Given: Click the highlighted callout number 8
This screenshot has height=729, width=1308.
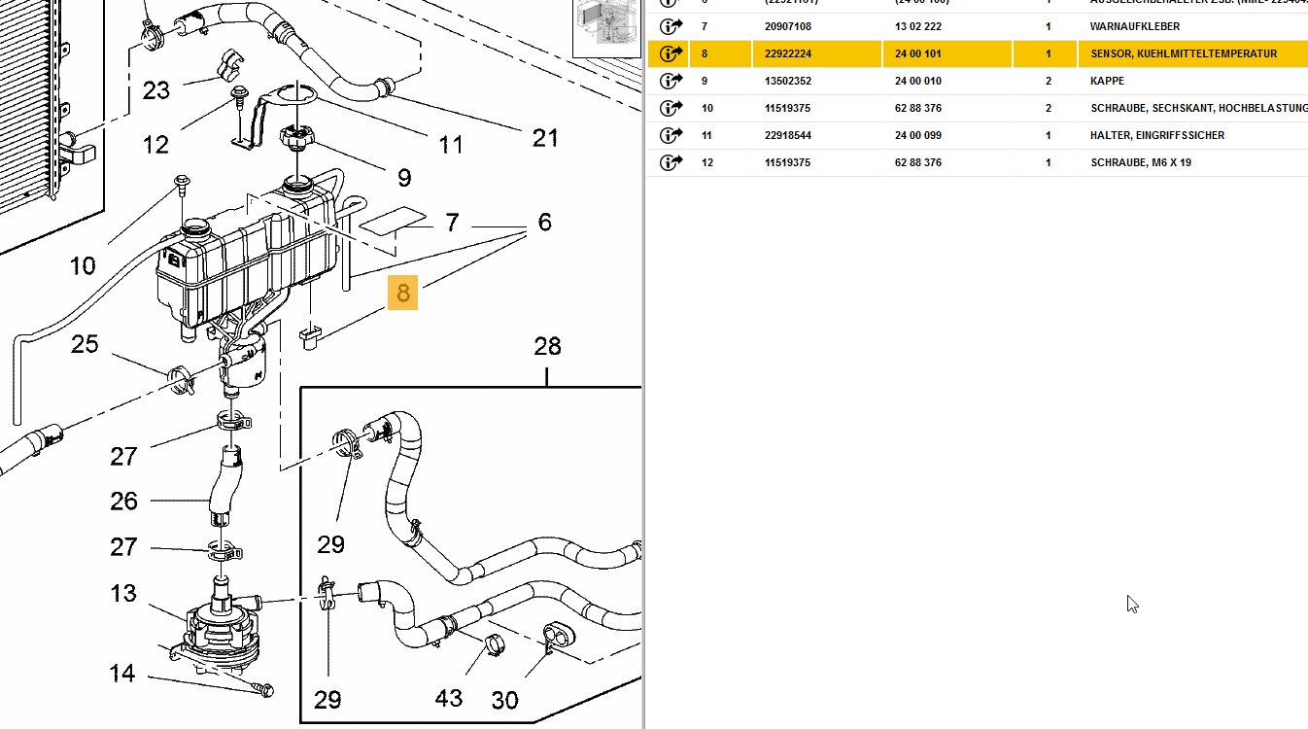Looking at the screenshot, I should pyautogui.click(x=402, y=292).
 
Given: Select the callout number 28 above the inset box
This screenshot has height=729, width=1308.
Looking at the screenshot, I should pyautogui.click(x=548, y=346).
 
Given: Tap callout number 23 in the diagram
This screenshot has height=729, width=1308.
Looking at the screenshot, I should pyautogui.click(x=156, y=90).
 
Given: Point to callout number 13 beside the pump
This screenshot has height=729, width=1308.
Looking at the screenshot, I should pyautogui.click(x=123, y=593).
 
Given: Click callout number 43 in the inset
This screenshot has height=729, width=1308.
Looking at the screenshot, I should pyautogui.click(x=449, y=698).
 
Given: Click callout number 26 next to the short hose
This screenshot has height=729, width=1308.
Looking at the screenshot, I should pyautogui.click(x=123, y=502).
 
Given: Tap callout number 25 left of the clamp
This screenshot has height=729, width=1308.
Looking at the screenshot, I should pyautogui.click(x=85, y=344).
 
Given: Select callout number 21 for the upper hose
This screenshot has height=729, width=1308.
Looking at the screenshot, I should pyautogui.click(x=545, y=138).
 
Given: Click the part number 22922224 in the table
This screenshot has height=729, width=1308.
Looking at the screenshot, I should pyautogui.click(x=788, y=53).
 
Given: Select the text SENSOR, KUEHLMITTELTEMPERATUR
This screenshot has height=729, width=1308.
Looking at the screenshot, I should pyautogui.click(x=1184, y=53).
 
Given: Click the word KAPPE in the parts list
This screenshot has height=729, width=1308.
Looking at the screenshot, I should pyautogui.click(x=1107, y=81).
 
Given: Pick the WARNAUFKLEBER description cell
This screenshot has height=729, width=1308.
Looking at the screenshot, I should pyautogui.click(x=1135, y=26).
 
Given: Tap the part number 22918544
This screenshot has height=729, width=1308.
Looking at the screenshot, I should pyautogui.click(x=788, y=135).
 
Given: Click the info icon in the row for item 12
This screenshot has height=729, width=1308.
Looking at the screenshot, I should pyautogui.click(x=671, y=162).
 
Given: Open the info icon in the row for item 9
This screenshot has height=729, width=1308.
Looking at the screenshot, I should pyautogui.click(x=671, y=81).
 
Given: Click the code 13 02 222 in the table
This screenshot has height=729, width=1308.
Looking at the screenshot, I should pyautogui.click(x=918, y=26).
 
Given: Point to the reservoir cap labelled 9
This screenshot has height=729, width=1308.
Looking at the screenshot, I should pyautogui.click(x=295, y=138).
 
